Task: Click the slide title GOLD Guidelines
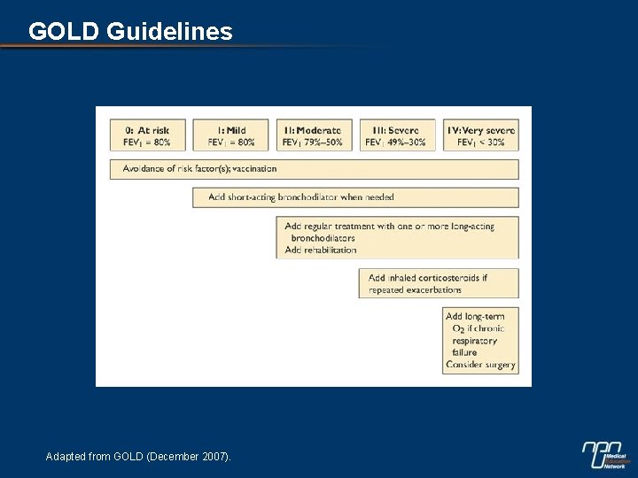pyautogui.click(x=130, y=32)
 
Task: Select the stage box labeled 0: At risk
pyautogui.click(x=145, y=135)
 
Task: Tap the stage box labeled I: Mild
pyautogui.click(x=230, y=135)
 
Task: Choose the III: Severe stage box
pyautogui.click(x=396, y=135)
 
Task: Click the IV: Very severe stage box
pyautogui.click(x=480, y=135)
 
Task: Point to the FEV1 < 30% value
pyautogui.click(x=480, y=143)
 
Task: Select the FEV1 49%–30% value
pyautogui.click(x=396, y=143)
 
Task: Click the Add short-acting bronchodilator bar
pyautogui.click(x=355, y=197)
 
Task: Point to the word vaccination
pyautogui.click(x=254, y=169)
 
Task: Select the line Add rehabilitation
pyautogui.click(x=321, y=251)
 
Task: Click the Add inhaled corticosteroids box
pyautogui.click(x=438, y=283)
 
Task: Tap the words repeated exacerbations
pyautogui.click(x=415, y=289)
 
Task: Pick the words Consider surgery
pyautogui.click(x=480, y=365)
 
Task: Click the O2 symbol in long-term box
pyautogui.click(x=458, y=329)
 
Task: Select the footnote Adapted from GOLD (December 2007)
pyautogui.click(x=138, y=457)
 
